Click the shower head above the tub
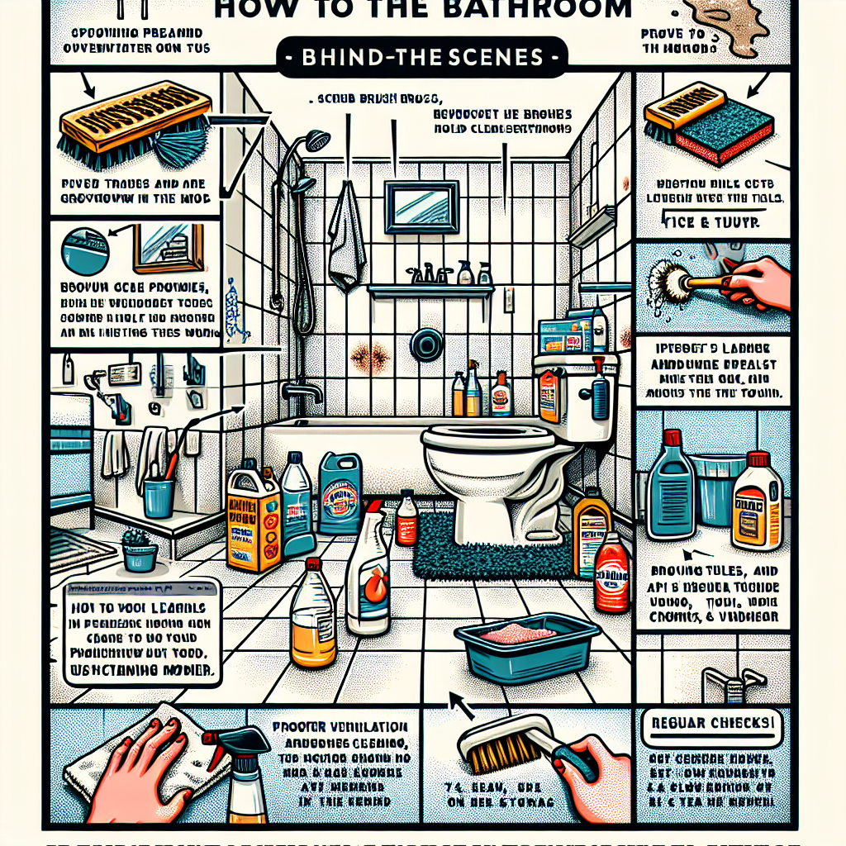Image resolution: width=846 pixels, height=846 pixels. point(316,142)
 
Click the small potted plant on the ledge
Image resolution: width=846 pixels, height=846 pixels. point(139,549)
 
